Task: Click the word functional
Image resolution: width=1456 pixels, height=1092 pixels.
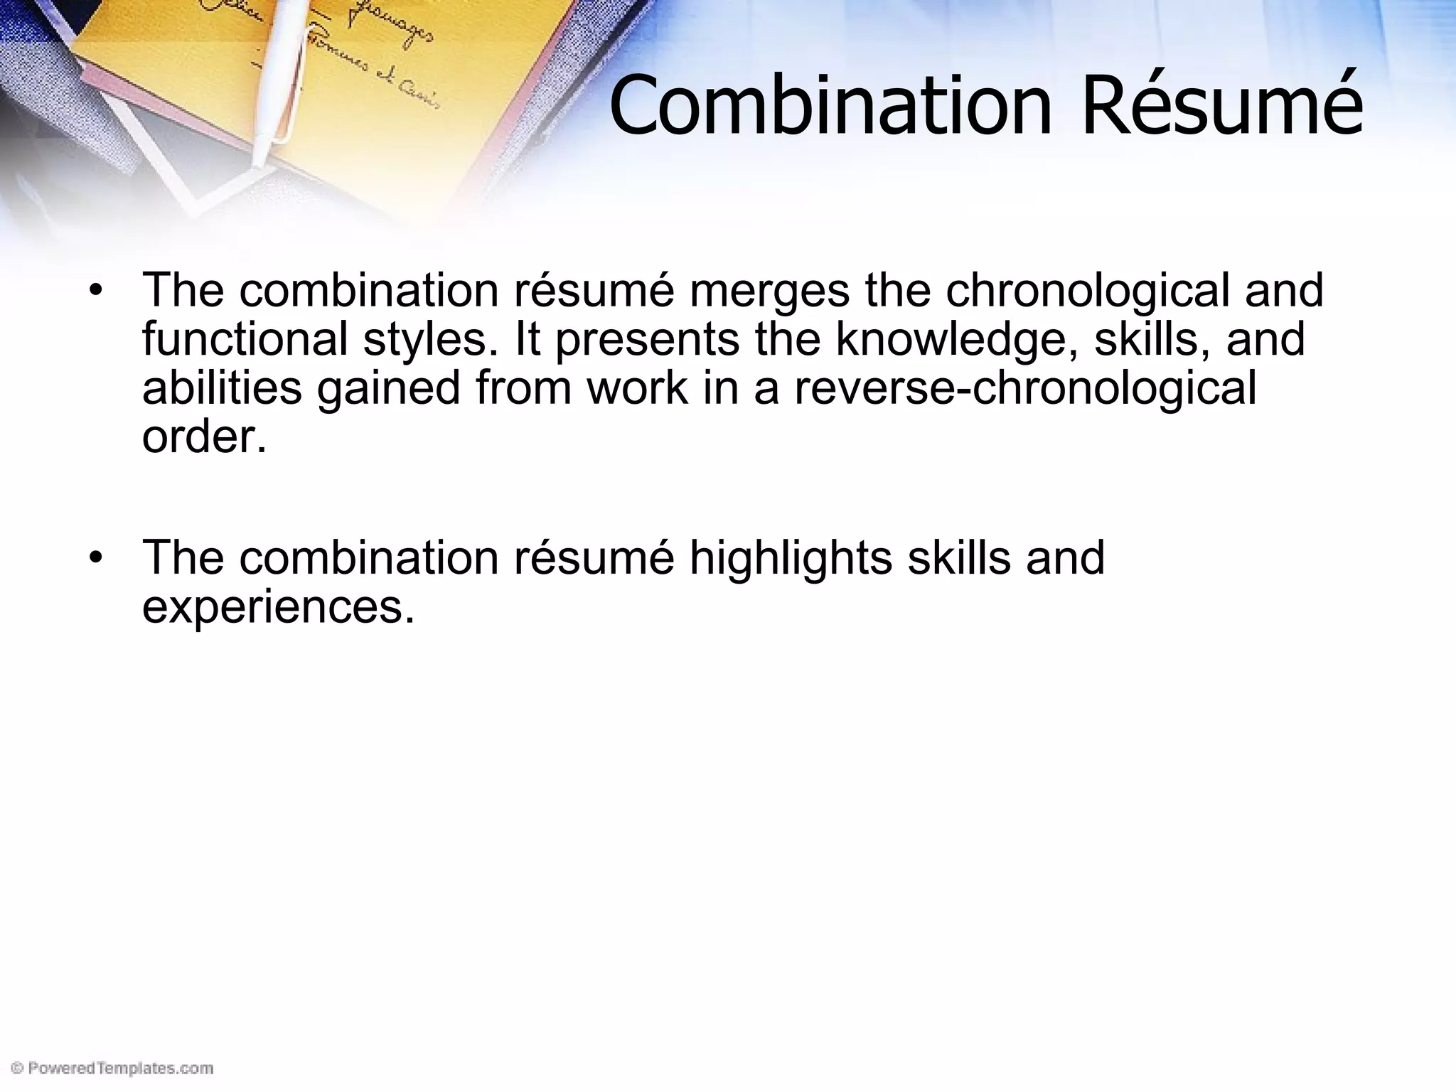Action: coord(245,339)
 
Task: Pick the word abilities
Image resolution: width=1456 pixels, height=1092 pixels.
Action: coord(222,388)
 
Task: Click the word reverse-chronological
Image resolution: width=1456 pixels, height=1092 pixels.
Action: coord(1024,388)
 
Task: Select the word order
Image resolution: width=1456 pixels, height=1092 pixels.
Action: coord(204,436)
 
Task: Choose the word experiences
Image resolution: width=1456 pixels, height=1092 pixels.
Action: coord(278,606)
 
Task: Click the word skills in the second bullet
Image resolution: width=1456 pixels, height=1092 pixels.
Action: coord(958,558)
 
